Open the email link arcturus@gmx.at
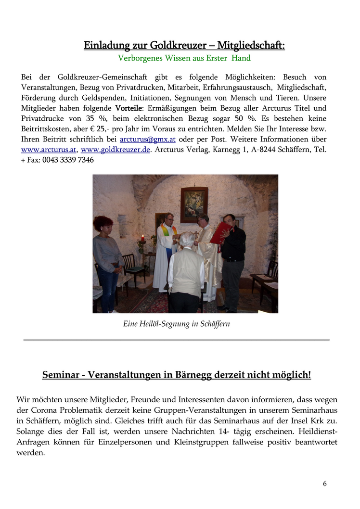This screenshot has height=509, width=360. click(147, 139)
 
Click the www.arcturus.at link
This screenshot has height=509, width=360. click(48, 150)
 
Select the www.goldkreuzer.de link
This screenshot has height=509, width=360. click(116, 150)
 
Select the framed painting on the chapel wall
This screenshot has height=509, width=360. click(194, 204)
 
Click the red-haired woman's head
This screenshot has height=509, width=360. click(103, 224)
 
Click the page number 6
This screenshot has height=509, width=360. click(325, 484)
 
